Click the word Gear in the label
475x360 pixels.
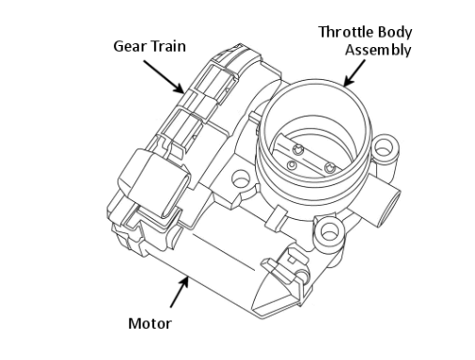click(x=129, y=46)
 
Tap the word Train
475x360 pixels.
click(x=167, y=46)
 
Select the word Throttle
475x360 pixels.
click(x=346, y=32)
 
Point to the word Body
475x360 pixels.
click(x=395, y=32)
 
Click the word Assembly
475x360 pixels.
click(x=378, y=50)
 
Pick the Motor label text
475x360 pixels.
click(x=150, y=323)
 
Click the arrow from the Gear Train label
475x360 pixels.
click(x=164, y=77)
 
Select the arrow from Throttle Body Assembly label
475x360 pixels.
click(x=355, y=72)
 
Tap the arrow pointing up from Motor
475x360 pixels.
click(x=180, y=291)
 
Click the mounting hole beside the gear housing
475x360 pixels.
click(x=241, y=179)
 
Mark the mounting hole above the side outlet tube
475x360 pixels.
click(x=383, y=148)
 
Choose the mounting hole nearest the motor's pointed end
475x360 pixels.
click(x=328, y=232)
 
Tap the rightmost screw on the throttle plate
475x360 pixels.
click(x=329, y=168)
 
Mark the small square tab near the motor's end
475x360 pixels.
click(x=292, y=259)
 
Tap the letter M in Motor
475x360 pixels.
click(x=135, y=323)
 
